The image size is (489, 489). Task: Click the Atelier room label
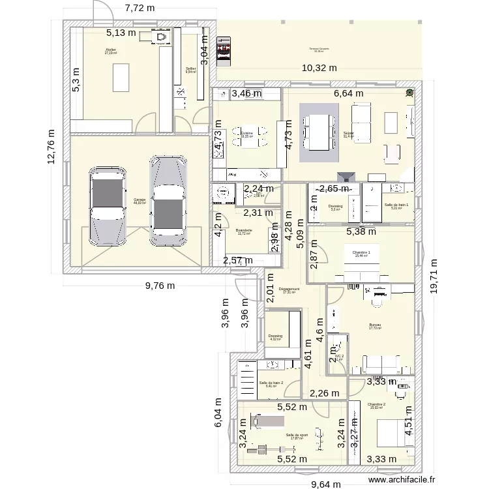[111, 50]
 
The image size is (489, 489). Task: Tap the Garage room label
[140, 201]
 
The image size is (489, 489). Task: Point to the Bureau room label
[374, 325]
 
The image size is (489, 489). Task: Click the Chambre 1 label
[361, 254]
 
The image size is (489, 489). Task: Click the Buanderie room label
[244, 231]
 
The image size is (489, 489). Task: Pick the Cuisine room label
[246, 134]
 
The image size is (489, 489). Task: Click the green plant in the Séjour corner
[409, 93]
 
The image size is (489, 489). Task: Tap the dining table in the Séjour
[319, 136]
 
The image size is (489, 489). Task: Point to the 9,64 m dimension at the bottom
[329, 484]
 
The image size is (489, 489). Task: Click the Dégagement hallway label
[288, 290]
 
